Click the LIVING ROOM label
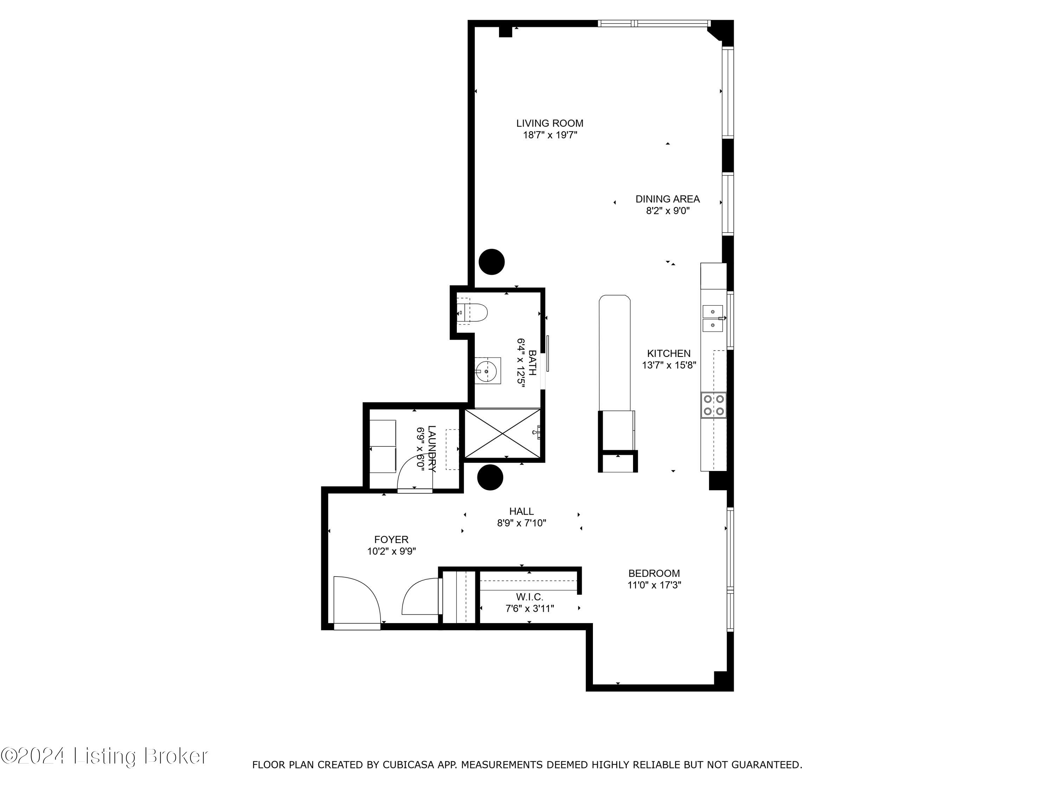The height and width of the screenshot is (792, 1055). pos(549,123)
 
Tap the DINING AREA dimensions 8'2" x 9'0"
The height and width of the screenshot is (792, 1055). pos(668,211)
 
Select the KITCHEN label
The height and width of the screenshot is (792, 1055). pos(669,353)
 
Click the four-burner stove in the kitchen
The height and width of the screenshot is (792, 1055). pos(714,405)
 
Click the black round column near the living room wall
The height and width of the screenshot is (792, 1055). pos(491,262)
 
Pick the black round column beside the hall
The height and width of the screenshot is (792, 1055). pos(490,477)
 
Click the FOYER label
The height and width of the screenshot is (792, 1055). pos(391,540)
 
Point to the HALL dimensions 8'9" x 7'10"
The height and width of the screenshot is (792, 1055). pos(521,523)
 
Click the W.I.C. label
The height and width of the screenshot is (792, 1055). pos(529,597)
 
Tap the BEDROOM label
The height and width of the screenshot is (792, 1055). pos(654,573)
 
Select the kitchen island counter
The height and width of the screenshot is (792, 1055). pos(614,353)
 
